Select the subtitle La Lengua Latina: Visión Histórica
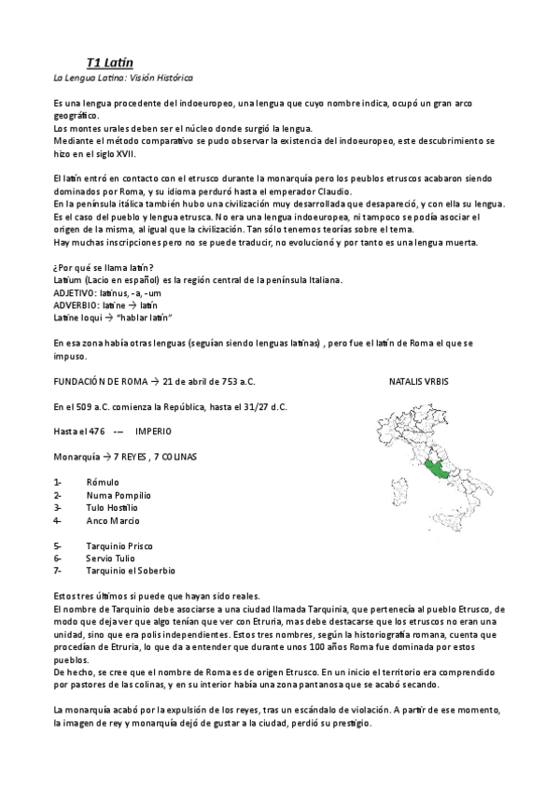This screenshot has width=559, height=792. pyautogui.click(x=123, y=78)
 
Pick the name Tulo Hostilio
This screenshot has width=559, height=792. pyautogui.click(x=112, y=507)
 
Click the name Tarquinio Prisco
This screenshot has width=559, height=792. pyautogui.click(x=119, y=545)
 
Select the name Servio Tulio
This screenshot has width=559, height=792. pyautogui.click(x=109, y=558)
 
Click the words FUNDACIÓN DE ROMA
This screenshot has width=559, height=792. pyautogui.click(x=102, y=383)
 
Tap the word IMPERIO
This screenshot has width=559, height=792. pyautogui.click(x=153, y=431)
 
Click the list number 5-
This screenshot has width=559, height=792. pyautogui.click(x=58, y=545)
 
